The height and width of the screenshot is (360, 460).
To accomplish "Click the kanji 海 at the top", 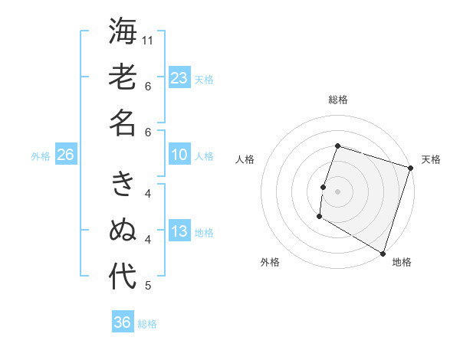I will point(123,31).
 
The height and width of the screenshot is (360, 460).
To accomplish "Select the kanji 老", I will point(123,77).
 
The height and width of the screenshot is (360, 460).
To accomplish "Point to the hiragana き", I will point(123,185).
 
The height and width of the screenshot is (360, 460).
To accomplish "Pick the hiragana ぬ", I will point(123,231).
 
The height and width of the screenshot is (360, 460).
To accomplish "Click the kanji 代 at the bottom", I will point(123,277).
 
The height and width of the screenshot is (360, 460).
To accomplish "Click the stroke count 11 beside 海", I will point(149,40).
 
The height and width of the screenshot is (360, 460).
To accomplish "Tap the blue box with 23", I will point(179,77).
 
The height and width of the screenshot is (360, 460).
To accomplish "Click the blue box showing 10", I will point(179,155).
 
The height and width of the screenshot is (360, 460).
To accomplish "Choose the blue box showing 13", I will point(179,231).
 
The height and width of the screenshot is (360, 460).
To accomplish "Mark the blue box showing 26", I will point(65,155).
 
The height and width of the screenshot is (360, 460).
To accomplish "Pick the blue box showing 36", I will point(123,322).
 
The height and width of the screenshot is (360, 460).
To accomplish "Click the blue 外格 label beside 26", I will point(41,155).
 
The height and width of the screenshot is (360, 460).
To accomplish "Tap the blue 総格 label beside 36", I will point(147,324).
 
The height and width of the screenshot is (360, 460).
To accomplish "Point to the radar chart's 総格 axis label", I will point(338,100).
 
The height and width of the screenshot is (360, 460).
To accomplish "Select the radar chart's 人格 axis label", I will point(245,159).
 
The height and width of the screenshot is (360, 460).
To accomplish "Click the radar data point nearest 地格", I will point(382,252).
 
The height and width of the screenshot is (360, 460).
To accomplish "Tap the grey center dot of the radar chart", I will point(337,191).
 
